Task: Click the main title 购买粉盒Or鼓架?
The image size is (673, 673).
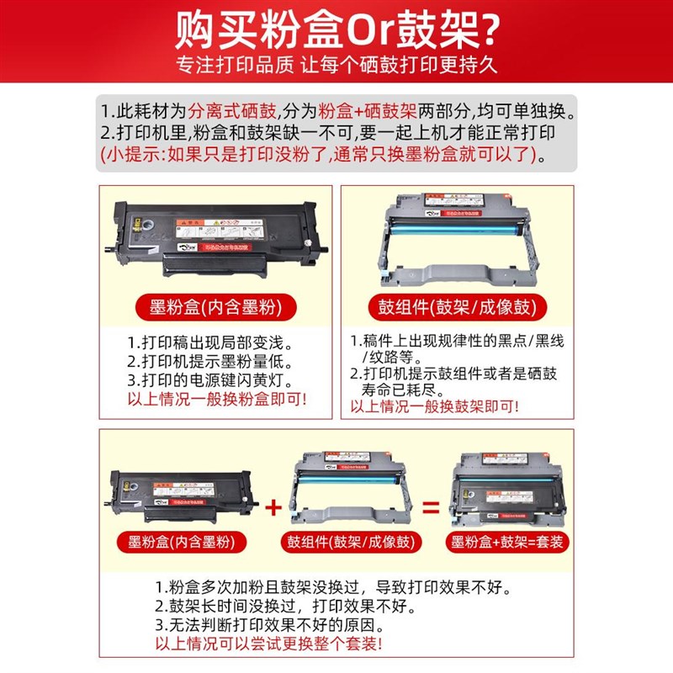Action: click(x=336, y=32)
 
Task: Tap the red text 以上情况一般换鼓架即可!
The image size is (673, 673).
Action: click(x=435, y=406)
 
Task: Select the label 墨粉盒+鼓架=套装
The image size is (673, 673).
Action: click(x=507, y=543)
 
